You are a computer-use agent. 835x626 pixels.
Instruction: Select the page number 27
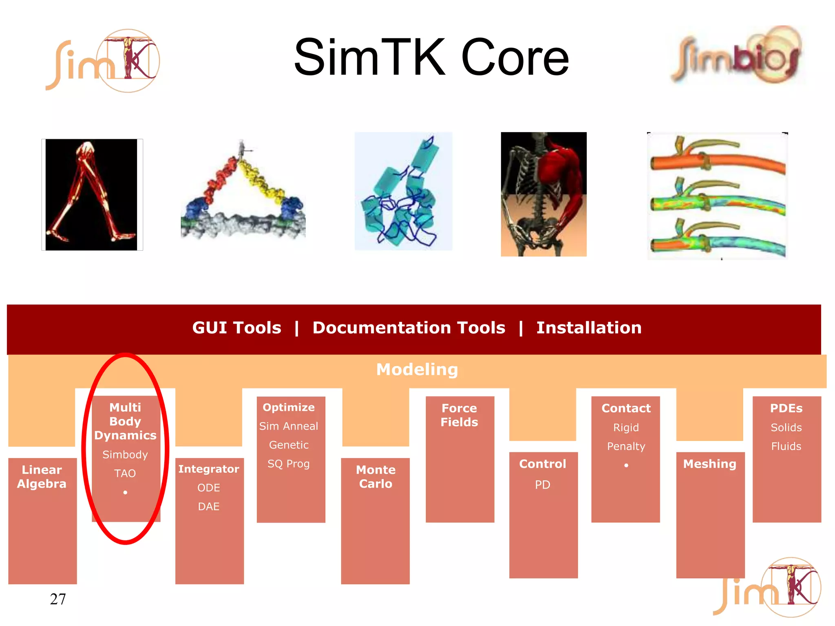pyautogui.click(x=57, y=599)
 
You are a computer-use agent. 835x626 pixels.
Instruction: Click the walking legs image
pyautogui.click(x=92, y=194)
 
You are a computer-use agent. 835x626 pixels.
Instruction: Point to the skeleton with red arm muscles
pyautogui.click(x=543, y=194)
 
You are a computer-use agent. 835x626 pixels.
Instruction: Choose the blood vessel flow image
pyautogui.click(x=717, y=196)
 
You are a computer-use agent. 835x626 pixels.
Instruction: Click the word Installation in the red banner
pyautogui.click(x=589, y=328)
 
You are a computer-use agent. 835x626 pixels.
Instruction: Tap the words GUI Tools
pyautogui.click(x=236, y=328)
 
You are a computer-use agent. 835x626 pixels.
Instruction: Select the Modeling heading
pyautogui.click(x=417, y=370)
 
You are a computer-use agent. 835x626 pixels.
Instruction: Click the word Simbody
pyautogui.click(x=125, y=454)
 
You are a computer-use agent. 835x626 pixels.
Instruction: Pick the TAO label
pyautogui.click(x=125, y=473)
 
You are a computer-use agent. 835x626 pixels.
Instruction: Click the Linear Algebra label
pyautogui.click(x=42, y=476)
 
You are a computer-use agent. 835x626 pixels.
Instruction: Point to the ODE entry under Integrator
pyautogui.click(x=209, y=488)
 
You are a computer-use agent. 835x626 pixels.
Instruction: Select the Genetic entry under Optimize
pyautogui.click(x=289, y=445)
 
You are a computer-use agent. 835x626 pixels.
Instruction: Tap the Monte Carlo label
pyautogui.click(x=376, y=476)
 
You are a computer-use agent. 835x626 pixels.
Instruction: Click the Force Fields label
pyautogui.click(x=459, y=415)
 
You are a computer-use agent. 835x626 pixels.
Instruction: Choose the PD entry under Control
pyautogui.click(x=543, y=485)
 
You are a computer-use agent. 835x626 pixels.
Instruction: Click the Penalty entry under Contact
pyautogui.click(x=626, y=446)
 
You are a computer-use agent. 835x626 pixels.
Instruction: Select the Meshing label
pyautogui.click(x=709, y=464)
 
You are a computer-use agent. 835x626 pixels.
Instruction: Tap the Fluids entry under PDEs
pyautogui.click(x=786, y=446)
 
